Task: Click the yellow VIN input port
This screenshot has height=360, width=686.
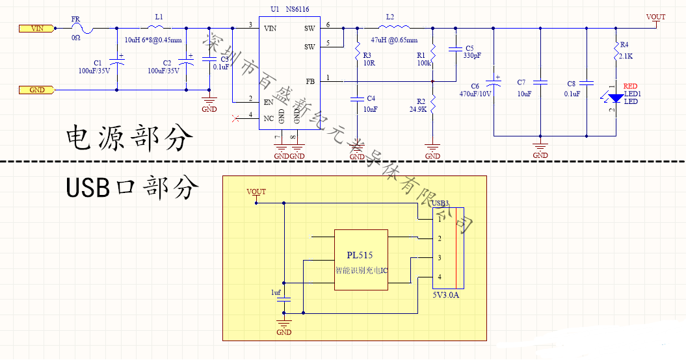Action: [x=34, y=29]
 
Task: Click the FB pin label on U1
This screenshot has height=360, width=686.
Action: [x=310, y=81]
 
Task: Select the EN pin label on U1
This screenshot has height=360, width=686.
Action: [x=267, y=102]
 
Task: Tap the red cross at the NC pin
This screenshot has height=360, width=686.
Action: [x=235, y=118]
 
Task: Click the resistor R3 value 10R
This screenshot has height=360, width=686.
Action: [x=369, y=64]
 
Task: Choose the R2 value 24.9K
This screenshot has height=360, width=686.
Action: [x=418, y=110]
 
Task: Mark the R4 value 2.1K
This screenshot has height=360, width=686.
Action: [x=626, y=57]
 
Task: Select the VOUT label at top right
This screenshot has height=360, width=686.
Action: [x=656, y=17]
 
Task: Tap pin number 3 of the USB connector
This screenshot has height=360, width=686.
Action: [x=440, y=258]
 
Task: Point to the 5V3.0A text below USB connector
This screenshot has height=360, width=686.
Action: [x=447, y=296]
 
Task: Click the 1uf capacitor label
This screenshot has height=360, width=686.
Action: [x=276, y=293]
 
